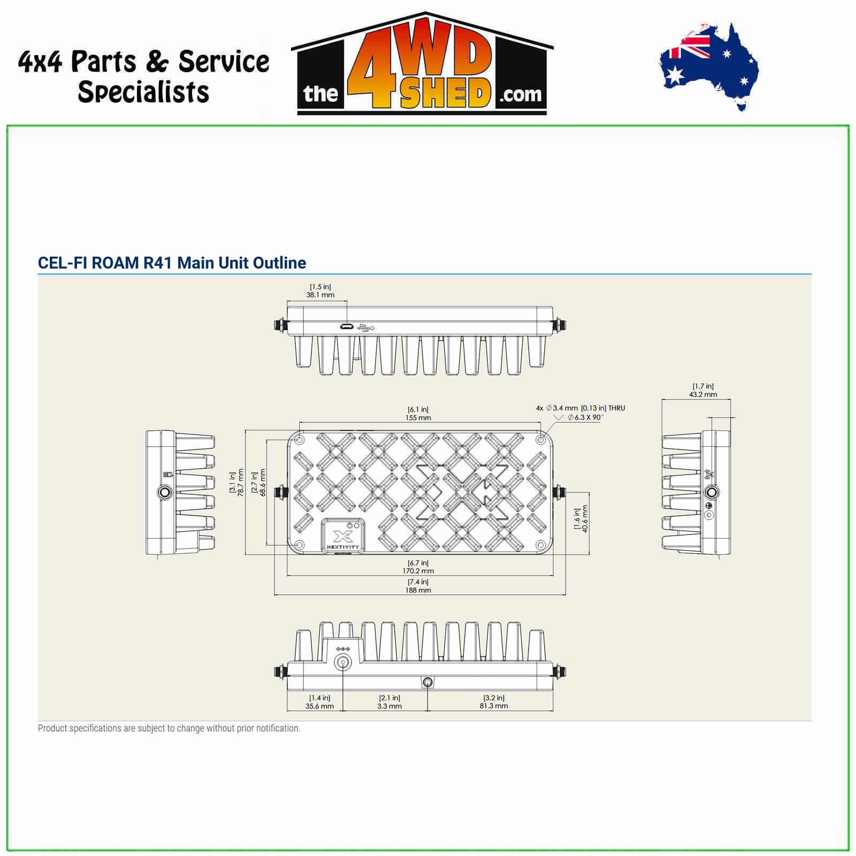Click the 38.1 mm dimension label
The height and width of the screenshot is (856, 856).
point(320,295)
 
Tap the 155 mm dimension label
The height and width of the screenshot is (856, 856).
point(418,418)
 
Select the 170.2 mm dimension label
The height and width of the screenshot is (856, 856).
point(418,571)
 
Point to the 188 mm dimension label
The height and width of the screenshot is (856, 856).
point(418,590)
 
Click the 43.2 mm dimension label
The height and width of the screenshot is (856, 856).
point(703,394)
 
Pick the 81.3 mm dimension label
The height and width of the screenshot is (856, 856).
point(494,706)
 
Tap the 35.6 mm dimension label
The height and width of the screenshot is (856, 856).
point(319,706)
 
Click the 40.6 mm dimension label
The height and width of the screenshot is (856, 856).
point(585,518)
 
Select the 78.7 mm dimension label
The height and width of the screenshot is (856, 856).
point(240,483)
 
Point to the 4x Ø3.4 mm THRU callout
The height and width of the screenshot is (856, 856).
point(580,408)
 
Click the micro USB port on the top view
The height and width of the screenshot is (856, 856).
point(346,327)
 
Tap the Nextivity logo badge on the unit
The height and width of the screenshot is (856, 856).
point(343,536)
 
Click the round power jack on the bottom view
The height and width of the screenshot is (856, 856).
point(342,663)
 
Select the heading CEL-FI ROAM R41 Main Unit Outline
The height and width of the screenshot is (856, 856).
point(172,263)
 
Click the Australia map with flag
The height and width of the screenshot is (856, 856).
point(709,66)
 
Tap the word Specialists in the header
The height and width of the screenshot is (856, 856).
point(143,91)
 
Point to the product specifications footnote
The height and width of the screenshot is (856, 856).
point(169,728)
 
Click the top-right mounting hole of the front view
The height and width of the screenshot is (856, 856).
point(541,440)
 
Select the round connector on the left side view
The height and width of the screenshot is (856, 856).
point(165,492)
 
